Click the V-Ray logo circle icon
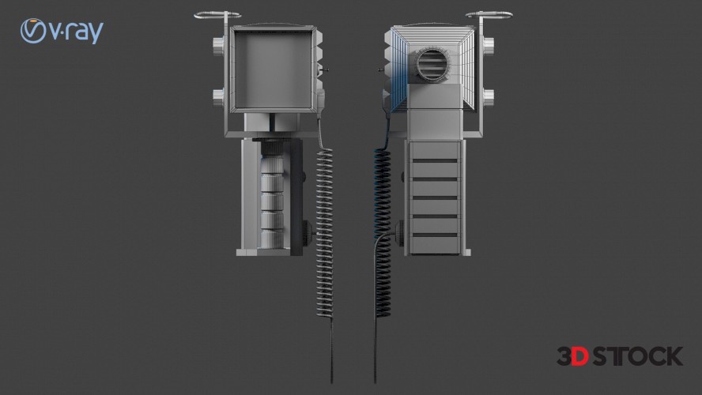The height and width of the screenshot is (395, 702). point(33,31)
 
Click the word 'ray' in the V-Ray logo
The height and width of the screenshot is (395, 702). point(85,32)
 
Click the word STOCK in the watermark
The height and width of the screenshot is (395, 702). point(637,356)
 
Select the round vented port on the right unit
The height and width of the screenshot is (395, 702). point(432,63)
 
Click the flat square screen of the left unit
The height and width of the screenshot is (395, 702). point(273,70)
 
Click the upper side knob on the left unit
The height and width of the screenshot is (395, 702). point(218,46)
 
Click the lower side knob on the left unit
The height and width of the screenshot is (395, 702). point(218,97)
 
